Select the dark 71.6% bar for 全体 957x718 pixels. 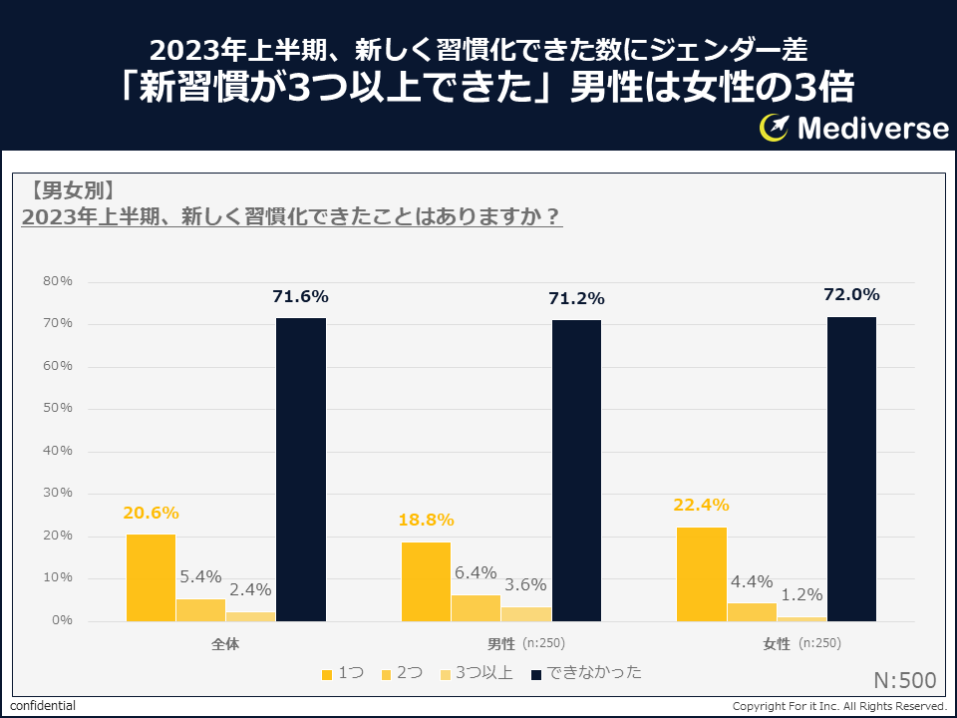click(x=301, y=469)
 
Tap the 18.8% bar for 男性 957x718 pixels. click(x=426, y=581)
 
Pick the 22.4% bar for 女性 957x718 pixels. click(x=702, y=573)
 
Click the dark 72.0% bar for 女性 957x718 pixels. click(x=851, y=469)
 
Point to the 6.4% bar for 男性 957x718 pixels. click(x=477, y=607)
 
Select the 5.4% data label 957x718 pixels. click(x=199, y=575)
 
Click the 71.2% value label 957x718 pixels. click(x=576, y=298)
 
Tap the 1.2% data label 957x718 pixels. click(x=800, y=594)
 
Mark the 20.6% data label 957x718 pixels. click(x=151, y=513)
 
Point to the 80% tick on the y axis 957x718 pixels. click(x=58, y=281)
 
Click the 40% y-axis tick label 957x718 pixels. click(x=58, y=451)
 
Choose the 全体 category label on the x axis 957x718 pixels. click(x=225, y=644)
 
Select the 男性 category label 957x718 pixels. click(x=501, y=644)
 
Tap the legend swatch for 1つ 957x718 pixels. click(x=327, y=675)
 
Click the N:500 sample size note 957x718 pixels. click(x=904, y=680)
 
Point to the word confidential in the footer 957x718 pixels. click(x=43, y=706)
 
